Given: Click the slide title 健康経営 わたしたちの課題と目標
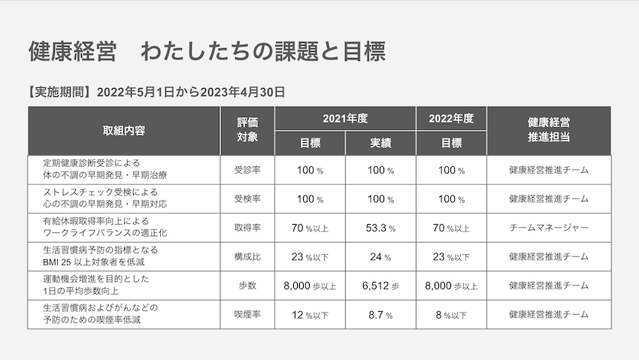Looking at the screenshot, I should [207, 53].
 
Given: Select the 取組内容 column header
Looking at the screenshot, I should [124, 130].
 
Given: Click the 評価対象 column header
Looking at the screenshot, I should [247, 130].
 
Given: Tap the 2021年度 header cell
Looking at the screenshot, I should [345, 119].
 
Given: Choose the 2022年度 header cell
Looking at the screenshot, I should [451, 119].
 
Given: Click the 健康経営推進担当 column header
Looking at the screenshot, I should [548, 130].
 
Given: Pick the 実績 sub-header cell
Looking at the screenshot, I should [380, 143].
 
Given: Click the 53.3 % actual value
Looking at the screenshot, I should [380, 228].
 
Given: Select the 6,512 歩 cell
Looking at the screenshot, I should [380, 286].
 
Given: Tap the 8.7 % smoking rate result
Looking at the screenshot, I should [380, 315].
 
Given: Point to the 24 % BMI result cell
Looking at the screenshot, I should [380, 257].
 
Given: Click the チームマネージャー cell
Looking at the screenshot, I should [548, 228].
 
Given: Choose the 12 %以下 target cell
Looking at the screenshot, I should [310, 315].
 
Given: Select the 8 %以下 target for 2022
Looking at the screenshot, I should [451, 315].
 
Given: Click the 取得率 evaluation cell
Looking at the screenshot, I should [247, 228].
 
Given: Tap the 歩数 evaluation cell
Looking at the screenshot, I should [247, 286].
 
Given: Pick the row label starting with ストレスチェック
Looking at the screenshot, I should [105, 198].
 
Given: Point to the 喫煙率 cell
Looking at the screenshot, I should [247, 315].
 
